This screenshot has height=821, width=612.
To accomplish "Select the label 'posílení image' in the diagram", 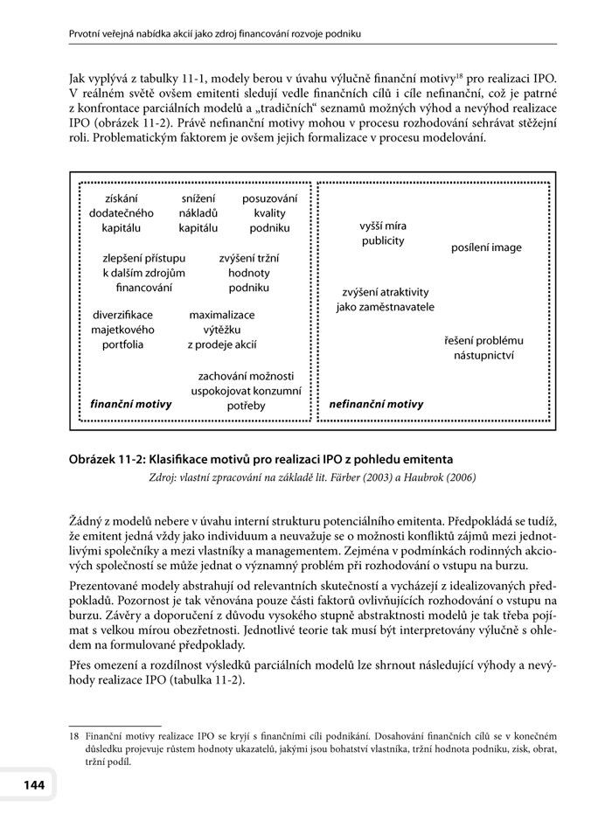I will [486, 247].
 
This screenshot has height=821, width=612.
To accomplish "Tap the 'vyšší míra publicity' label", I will [383, 233].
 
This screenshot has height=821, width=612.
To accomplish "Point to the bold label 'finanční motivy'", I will [131, 404].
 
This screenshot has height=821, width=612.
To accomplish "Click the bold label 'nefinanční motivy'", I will [376, 404].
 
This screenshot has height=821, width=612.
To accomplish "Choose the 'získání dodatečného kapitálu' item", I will [122, 213].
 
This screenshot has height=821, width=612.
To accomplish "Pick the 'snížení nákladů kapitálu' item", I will [198, 213].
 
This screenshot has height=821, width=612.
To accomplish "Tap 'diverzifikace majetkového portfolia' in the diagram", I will [122, 330].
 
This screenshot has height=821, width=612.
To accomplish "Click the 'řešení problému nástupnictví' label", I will [483, 348].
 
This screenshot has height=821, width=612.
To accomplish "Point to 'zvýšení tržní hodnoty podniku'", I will [249, 273].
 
